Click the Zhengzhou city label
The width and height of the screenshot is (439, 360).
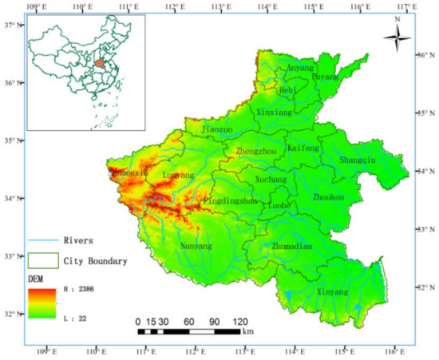click(256, 150)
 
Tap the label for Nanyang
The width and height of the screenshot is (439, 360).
click(196, 247)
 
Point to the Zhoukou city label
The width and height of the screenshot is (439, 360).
click(329, 196)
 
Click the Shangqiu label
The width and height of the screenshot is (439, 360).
click(358, 160)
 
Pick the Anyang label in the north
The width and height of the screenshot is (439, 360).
click(302, 68)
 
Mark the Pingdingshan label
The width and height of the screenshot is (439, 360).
click(231, 201)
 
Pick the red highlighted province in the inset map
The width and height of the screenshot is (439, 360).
click(100, 61)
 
